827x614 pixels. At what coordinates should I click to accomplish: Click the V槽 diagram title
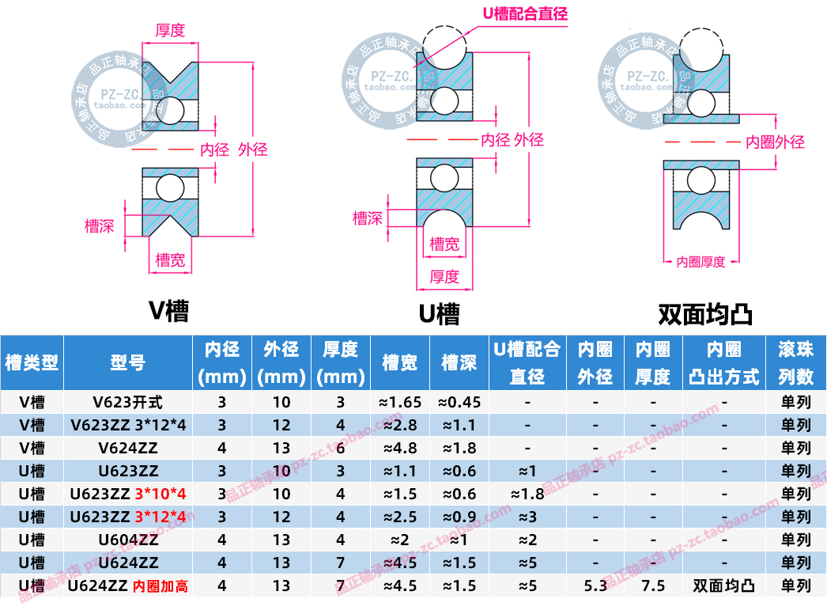tap(169, 310)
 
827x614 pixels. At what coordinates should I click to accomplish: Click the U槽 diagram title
tap(439, 314)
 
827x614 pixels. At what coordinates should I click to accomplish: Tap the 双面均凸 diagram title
tap(705, 314)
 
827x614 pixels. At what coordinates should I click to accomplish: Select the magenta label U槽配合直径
tap(525, 13)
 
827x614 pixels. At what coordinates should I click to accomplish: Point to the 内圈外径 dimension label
tap(776, 142)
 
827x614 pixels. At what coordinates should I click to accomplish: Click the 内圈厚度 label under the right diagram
tap(701, 261)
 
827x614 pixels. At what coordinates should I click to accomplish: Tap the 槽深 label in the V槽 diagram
tap(100, 226)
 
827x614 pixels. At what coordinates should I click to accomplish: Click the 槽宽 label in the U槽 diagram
tap(444, 244)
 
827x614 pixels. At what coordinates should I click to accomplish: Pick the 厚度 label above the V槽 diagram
tap(170, 30)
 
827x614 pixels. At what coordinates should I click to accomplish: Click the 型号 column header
tap(128, 363)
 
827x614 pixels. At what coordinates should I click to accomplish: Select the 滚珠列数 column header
tap(796, 363)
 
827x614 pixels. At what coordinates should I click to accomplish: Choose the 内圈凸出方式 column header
tap(724, 363)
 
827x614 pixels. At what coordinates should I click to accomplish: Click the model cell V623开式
tap(128, 402)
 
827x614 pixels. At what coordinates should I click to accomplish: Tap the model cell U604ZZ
tap(128, 540)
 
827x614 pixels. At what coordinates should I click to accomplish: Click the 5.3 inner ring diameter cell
tap(595, 586)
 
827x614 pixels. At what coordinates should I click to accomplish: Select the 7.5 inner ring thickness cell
tap(653, 586)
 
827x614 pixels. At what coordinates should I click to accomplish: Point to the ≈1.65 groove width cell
tap(401, 402)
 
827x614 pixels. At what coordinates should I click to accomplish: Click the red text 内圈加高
tap(160, 586)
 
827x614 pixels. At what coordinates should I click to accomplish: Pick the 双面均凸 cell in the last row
tap(724, 586)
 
